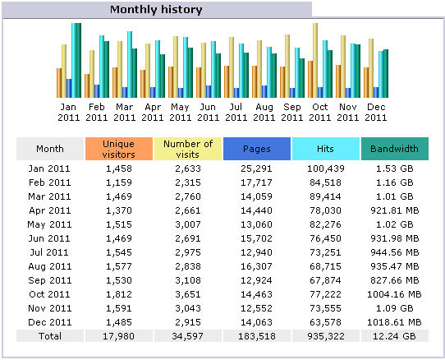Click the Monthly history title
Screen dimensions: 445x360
(156, 10)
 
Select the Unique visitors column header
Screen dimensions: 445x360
(119, 149)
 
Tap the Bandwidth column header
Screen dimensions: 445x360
(394, 149)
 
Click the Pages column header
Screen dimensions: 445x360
(257, 149)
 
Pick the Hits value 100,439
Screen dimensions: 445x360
(325, 168)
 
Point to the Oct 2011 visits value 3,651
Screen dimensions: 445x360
(188, 294)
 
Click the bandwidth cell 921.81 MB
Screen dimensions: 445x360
(394, 210)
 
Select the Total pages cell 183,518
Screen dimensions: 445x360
(257, 336)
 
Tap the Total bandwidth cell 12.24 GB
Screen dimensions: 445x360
(394, 336)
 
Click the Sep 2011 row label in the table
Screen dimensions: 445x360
(50, 280)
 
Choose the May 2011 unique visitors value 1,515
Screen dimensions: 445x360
(119, 224)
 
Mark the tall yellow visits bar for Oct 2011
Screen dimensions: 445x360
(315, 60)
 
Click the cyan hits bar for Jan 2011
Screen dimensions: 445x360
(74, 60)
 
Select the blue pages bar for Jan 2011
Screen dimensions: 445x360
(69, 89)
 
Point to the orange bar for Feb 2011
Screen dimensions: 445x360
(87, 85)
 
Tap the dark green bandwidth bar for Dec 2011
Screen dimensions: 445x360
(386, 74)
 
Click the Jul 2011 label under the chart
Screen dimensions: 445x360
(236, 113)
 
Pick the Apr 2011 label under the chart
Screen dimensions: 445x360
(153, 113)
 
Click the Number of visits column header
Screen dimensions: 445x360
(188, 149)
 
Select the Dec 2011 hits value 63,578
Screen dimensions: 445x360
(325, 322)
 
